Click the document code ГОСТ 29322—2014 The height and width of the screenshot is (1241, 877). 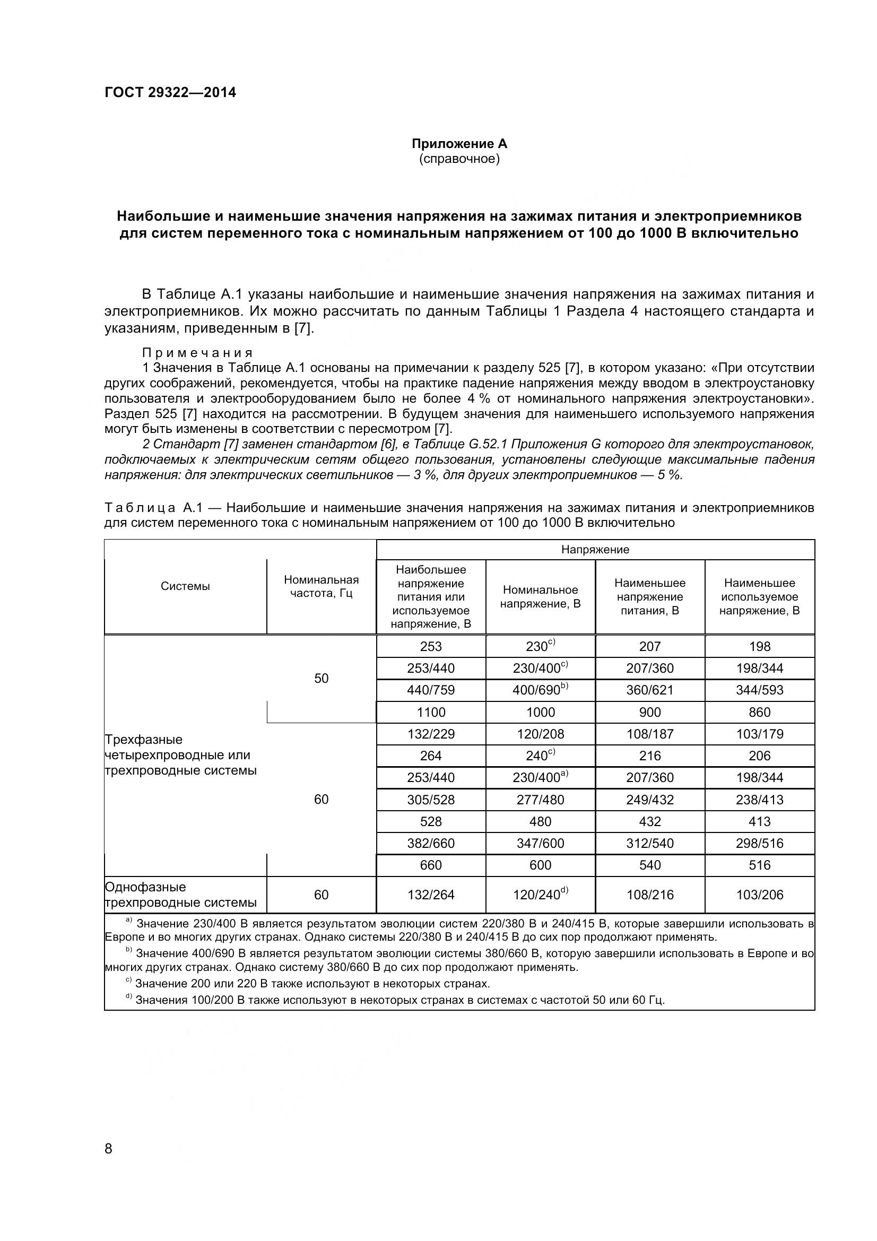click(170, 92)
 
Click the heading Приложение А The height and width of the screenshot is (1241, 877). click(459, 144)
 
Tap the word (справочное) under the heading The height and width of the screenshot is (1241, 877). click(459, 159)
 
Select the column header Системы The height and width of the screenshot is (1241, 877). click(185, 586)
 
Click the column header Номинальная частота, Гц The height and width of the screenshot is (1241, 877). click(321, 586)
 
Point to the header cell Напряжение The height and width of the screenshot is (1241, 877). click(595, 550)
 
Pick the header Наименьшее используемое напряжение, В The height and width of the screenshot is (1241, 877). click(759, 597)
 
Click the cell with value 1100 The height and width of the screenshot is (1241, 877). click(431, 713)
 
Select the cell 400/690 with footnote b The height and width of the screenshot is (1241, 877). click(540, 690)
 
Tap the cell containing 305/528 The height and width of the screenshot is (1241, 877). click(431, 800)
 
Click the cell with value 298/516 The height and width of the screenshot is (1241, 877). click(759, 843)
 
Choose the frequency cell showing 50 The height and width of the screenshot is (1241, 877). click(321, 679)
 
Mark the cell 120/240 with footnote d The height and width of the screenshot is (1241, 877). click(540, 895)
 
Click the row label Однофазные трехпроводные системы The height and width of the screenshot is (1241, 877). click(180, 895)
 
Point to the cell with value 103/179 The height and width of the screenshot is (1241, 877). click(759, 734)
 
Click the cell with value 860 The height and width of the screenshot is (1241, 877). click(759, 713)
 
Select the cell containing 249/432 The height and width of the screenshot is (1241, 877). click(649, 800)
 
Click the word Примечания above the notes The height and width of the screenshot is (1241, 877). click(197, 353)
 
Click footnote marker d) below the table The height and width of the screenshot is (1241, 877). click(128, 1000)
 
